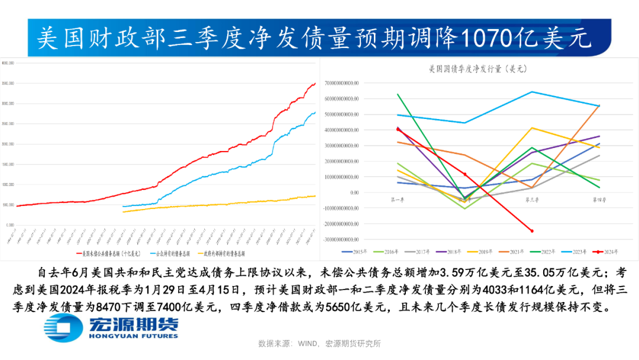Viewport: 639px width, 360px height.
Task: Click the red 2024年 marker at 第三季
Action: point(532,231)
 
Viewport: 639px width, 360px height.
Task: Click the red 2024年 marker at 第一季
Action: point(398,129)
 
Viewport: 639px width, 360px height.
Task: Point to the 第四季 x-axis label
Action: point(599,200)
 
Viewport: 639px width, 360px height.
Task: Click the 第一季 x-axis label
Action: point(398,200)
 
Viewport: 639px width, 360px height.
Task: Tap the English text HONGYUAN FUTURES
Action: point(133,336)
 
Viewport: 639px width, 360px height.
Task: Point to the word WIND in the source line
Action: point(306,343)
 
